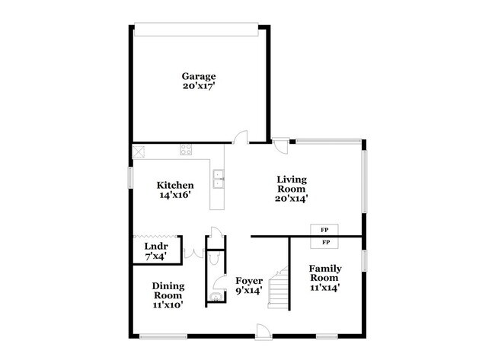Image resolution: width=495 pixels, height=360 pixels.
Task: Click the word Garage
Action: pos(198,76)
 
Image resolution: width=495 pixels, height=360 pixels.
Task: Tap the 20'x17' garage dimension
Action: pos(198,86)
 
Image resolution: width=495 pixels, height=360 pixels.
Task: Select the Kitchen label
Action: pos(175,185)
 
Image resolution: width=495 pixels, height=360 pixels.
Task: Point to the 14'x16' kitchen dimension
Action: pos(175,195)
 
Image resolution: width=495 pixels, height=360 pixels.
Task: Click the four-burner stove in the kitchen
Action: pos(186,150)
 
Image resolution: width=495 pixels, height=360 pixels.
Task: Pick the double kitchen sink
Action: pos(219,179)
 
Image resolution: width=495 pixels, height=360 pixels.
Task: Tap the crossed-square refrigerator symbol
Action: pos(140,150)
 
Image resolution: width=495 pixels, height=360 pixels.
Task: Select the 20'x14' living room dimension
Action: pos(291,199)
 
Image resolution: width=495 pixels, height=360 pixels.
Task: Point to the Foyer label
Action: pos(249,280)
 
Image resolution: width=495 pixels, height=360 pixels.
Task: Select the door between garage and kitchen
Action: pos(242,137)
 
